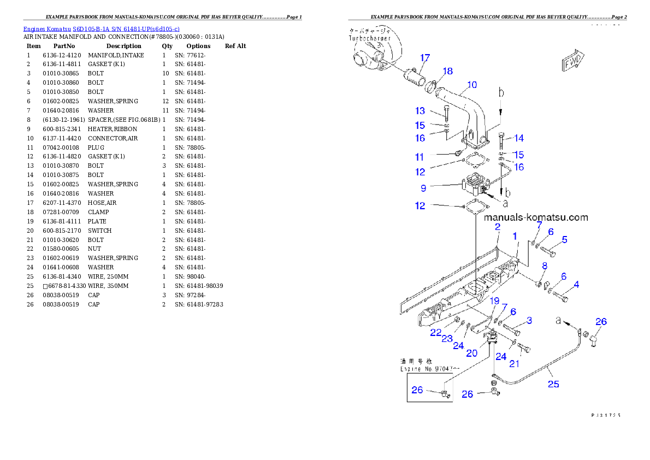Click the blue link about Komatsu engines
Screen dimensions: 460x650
pyautogui.click(x=101, y=28)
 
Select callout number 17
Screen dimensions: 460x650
pyautogui.click(x=425, y=57)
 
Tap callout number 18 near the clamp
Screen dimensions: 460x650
pyautogui.click(x=447, y=71)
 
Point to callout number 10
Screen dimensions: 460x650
pyautogui.click(x=472, y=85)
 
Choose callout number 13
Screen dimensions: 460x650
pyautogui.click(x=420, y=111)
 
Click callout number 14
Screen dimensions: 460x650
pyautogui.click(x=519, y=138)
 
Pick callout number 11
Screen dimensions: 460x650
pyautogui.click(x=419, y=157)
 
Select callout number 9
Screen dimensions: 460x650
pyautogui.click(x=423, y=188)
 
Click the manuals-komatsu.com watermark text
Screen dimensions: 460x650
pyautogui.click(x=536, y=217)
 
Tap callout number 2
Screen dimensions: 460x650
pyautogui.click(x=498, y=226)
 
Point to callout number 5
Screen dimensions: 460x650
pyautogui.click(x=564, y=239)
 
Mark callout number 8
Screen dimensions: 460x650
pyautogui.click(x=544, y=266)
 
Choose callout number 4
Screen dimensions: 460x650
pyautogui.click(x=576, y=284)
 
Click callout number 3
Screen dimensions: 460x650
pyautogui.click(x=529, y=320)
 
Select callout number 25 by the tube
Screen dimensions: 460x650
pyautogui.click(x=553, y=384)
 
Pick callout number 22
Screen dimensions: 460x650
pyautogui.click(x=435, y=332)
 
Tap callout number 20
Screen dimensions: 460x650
pyautogui.click(x=471, y=353)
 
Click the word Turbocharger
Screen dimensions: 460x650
pyautogui.click(x=372, y=40)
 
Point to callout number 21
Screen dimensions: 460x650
pyautogui.click(x=514, y=364)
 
